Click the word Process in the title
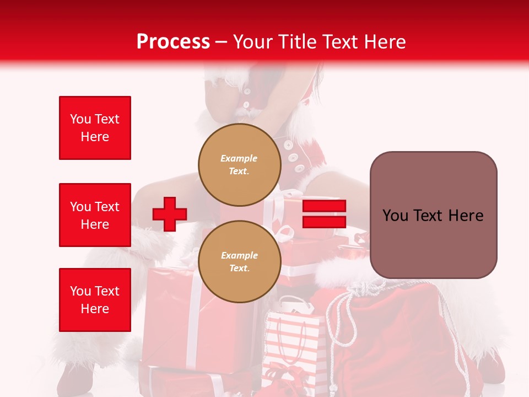coord(173,42)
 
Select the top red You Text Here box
coord(95,128)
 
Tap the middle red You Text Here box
coord(95,215)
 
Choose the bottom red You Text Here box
coord(95,300)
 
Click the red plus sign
coord(170,214)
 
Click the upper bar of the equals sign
coord(324,206)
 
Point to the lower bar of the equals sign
coord(324,222)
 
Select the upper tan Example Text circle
coord(240,164)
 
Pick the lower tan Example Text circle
coord(240,261)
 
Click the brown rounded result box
coord(433,215)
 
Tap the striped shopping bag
coord(291,347)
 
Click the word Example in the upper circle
coord(239,158)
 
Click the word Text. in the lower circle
coord(239,269)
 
